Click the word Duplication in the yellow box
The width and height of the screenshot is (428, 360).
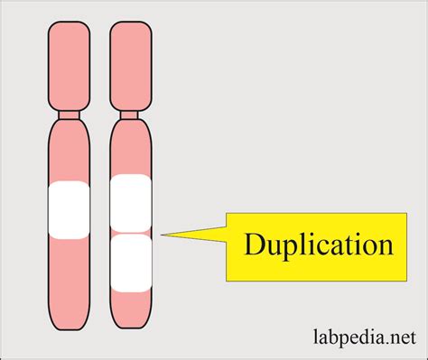(317, 245)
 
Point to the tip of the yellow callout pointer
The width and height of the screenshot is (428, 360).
(161, 235)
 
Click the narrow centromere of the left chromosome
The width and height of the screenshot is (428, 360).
(68, 115)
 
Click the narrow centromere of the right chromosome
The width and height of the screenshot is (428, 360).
(129, 115)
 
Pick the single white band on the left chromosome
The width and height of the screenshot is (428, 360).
(68, 210)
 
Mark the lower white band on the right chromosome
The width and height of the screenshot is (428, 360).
(129, 262)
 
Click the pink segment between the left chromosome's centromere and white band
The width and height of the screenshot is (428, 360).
(68, 152)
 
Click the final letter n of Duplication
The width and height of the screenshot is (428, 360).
(385, 246)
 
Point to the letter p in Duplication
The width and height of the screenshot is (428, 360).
(285, 250)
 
